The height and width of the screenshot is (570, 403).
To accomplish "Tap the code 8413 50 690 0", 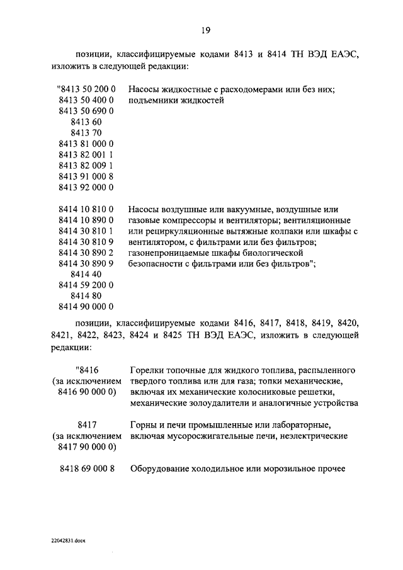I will [x=86, y=110].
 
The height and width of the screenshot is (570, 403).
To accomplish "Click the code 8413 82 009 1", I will [x=86, y=165].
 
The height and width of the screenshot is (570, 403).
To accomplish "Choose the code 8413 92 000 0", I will [x=86, y=187].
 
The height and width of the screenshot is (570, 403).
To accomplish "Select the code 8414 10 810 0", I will [x=86, y=209].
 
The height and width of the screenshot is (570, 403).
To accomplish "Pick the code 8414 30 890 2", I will [x=86, y=253].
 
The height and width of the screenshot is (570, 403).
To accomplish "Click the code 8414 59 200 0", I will [x=86, y=285].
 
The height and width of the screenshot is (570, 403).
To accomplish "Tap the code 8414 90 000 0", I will [x=86, y=307].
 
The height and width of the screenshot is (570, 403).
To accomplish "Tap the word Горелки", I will [x=147, y=370].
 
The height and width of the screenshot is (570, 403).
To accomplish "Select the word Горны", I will [x=143, y=425].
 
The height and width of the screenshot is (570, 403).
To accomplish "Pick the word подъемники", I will [x=154, y=101].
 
